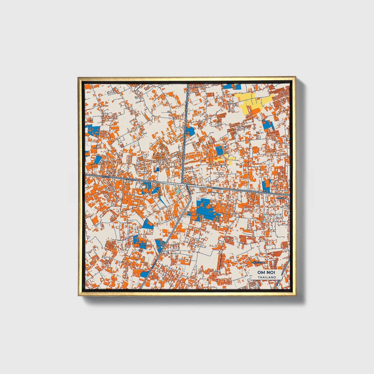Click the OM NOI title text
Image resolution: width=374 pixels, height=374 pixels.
267,272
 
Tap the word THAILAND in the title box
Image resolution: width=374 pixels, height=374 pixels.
267,277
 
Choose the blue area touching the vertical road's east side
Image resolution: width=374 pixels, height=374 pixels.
190,131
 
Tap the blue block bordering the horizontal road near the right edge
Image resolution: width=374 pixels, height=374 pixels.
266,186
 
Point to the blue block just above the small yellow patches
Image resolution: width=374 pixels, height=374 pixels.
219,150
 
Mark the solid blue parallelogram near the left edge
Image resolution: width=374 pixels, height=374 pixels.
98,159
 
